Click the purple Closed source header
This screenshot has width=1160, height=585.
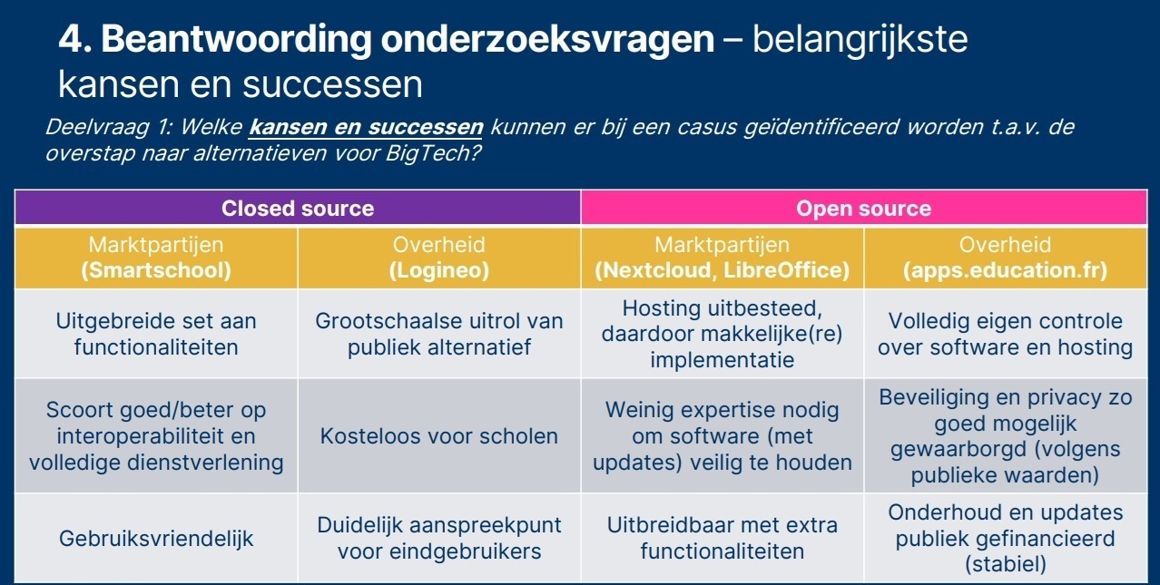tap(298, 208)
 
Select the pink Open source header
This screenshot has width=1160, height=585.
tap(863, 208)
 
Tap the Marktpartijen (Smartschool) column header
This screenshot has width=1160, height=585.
tap(156, 258)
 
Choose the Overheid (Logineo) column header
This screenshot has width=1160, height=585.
tap(439, 258)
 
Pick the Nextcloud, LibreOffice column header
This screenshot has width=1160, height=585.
tap(723, 258)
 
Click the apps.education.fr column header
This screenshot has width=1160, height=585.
tap(1005, 258)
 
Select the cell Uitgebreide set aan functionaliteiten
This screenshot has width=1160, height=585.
tap(156, 334)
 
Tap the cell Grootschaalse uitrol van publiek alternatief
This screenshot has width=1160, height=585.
tap(439, 334)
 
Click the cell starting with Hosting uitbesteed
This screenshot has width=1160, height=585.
tap(723, 334)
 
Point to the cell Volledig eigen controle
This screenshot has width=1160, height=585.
tap(1005, 334)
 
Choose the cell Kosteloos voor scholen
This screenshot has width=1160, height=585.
tap(439, 436)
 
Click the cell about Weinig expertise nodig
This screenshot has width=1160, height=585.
tap(723, 436)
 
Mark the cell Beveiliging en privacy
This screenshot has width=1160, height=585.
tap(1005, 436)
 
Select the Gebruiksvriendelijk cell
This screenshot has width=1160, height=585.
tap(156, 538)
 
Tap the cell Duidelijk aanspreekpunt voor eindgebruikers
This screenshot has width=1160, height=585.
tap(439, 538)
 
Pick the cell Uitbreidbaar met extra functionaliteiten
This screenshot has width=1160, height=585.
tap(723, 538)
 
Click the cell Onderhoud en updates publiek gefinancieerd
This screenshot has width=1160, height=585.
tap(1005, 538)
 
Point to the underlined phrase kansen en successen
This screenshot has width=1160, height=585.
tap(366, 126)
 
